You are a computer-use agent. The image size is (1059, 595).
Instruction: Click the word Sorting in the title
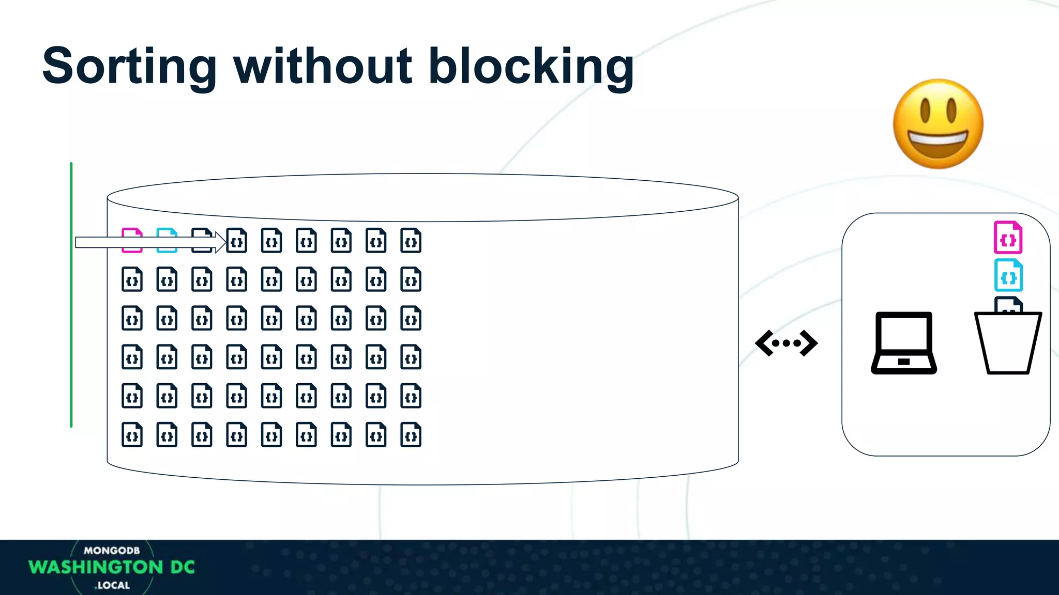tap(129, 67)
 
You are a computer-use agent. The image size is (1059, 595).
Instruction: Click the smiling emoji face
tap(938, 124)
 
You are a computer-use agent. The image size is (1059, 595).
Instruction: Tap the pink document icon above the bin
tap(1008, 238)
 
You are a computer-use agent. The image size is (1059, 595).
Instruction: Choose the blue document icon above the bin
tap(1008, 275)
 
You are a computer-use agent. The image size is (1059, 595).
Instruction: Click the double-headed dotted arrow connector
tap(786, 343)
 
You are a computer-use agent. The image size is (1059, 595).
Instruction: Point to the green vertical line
tap(71, 294)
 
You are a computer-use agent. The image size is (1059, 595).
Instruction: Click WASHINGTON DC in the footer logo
tap(112, 567)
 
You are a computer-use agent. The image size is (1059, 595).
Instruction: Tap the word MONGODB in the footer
tap(112, 551)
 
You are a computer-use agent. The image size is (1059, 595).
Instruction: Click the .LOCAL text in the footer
tap(112, 585)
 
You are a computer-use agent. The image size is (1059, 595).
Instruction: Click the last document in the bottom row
tap(411, 435)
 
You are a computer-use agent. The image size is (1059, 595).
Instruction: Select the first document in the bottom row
tap(132, 435)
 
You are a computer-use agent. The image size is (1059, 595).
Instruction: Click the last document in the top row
tap(411, 241)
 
